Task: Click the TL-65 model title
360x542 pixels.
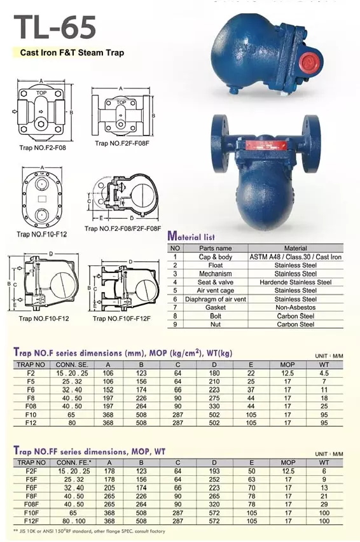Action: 55,27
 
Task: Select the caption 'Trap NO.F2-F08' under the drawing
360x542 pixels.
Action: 43,148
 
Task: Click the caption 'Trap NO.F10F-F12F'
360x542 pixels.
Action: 121,318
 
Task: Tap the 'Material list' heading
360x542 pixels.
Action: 191,237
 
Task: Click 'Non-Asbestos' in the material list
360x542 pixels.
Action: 295,307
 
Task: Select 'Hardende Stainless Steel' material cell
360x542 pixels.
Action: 295,282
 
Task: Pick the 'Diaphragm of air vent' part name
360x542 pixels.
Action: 215,299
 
